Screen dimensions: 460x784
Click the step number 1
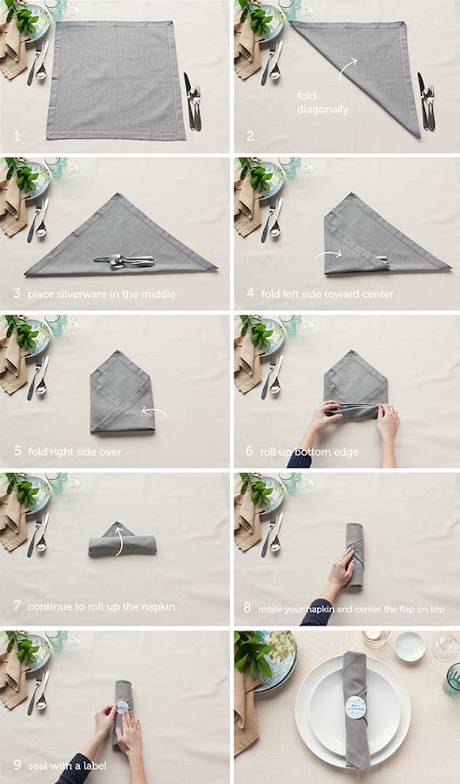point(17,136)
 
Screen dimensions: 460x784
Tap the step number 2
point(251,136)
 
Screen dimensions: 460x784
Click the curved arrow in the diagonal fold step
point(348,69)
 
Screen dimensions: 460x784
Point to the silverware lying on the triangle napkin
point(124,261)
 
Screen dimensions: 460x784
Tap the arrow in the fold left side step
point(328,255)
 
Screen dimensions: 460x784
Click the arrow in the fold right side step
point(154,412)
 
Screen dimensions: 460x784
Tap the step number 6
point(249,451)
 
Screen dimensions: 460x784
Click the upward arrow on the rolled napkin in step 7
point(119,539)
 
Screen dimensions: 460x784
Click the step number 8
point(247,608)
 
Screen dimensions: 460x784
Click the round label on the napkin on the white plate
point(355,707)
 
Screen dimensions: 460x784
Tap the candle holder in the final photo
point(375,639)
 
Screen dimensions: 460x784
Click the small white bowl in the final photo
point(409,646)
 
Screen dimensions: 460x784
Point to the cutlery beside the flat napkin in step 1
point(193,101)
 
